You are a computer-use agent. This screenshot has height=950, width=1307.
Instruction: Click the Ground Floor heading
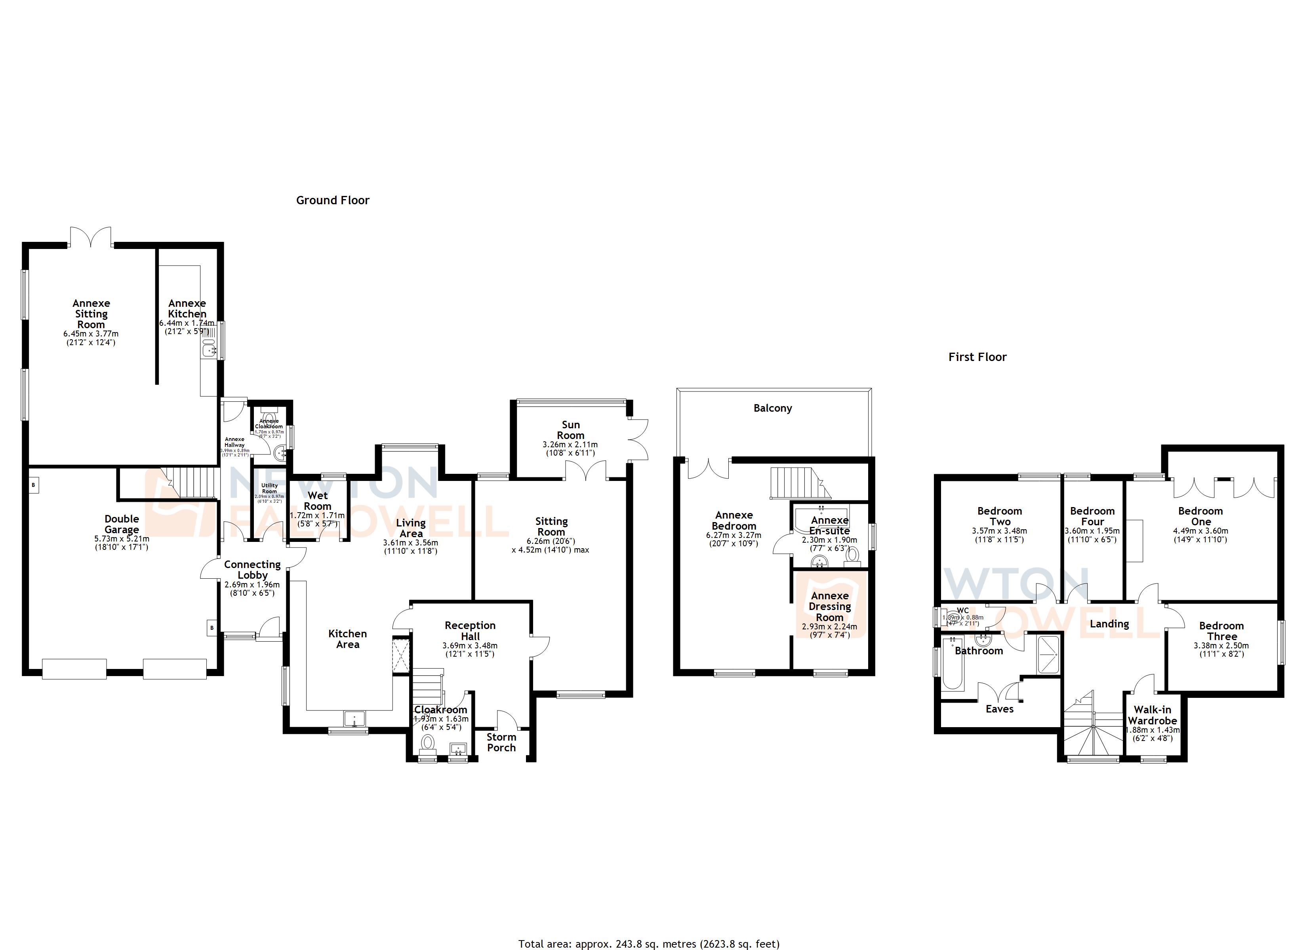coord(333,200)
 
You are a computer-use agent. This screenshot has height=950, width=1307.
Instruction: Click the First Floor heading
coord(977,357)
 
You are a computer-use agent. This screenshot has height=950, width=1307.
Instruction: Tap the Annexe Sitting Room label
coord(91,314)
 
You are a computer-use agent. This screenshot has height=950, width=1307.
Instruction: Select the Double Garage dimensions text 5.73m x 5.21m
coord(122,539)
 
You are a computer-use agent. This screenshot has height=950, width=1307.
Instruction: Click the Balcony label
coord(772,408)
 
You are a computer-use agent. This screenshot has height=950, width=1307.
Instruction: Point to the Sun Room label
coord(570,430)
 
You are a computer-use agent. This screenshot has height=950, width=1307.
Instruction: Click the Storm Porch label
coord(501,742)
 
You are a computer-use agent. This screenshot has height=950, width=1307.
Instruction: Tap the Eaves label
coord(999,709)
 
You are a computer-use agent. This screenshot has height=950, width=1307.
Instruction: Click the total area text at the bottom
coord(649,944)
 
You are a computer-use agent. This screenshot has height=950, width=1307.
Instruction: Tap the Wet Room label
coord(318,501)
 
